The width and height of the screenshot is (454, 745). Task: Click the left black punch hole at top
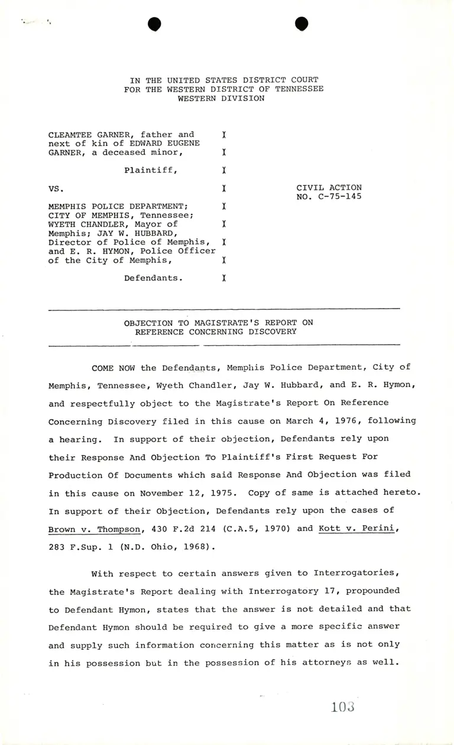(155, 24)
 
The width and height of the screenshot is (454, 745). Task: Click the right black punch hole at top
(301, 23)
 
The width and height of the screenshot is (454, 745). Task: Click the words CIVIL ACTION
(329, 188)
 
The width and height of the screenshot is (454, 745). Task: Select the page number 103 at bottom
(343, 707)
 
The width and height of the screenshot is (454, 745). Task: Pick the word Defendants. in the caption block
(153, 277)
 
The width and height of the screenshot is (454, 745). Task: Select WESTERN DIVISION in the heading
(221, 98)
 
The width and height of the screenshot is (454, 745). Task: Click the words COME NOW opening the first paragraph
(115, 368)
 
